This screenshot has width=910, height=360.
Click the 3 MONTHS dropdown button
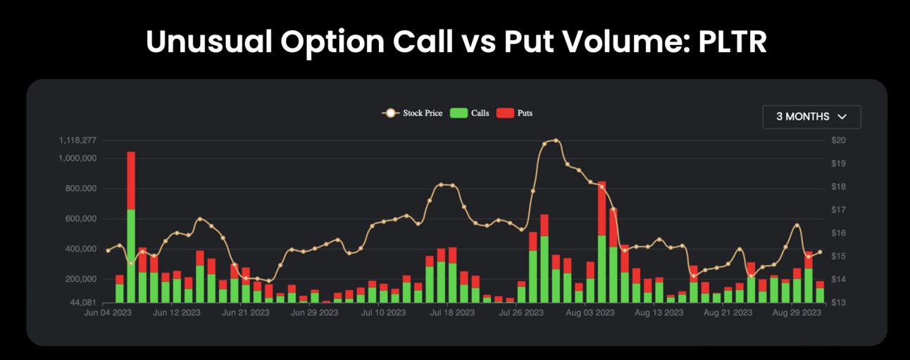[811, 117]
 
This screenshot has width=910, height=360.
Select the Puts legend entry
[515, 113]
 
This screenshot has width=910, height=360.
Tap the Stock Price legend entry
[414, 113]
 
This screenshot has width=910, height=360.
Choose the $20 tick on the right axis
[838, 141]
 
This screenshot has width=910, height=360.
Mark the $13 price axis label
[838, 303]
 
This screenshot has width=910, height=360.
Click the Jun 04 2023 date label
[108, 312]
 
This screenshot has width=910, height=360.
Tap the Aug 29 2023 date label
[797, 312]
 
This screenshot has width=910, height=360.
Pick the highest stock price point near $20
[556, 140]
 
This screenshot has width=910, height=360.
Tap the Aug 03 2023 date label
[590, 312]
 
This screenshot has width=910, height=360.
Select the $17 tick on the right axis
[838, 210]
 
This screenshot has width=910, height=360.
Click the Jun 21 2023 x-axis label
[245, 312]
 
